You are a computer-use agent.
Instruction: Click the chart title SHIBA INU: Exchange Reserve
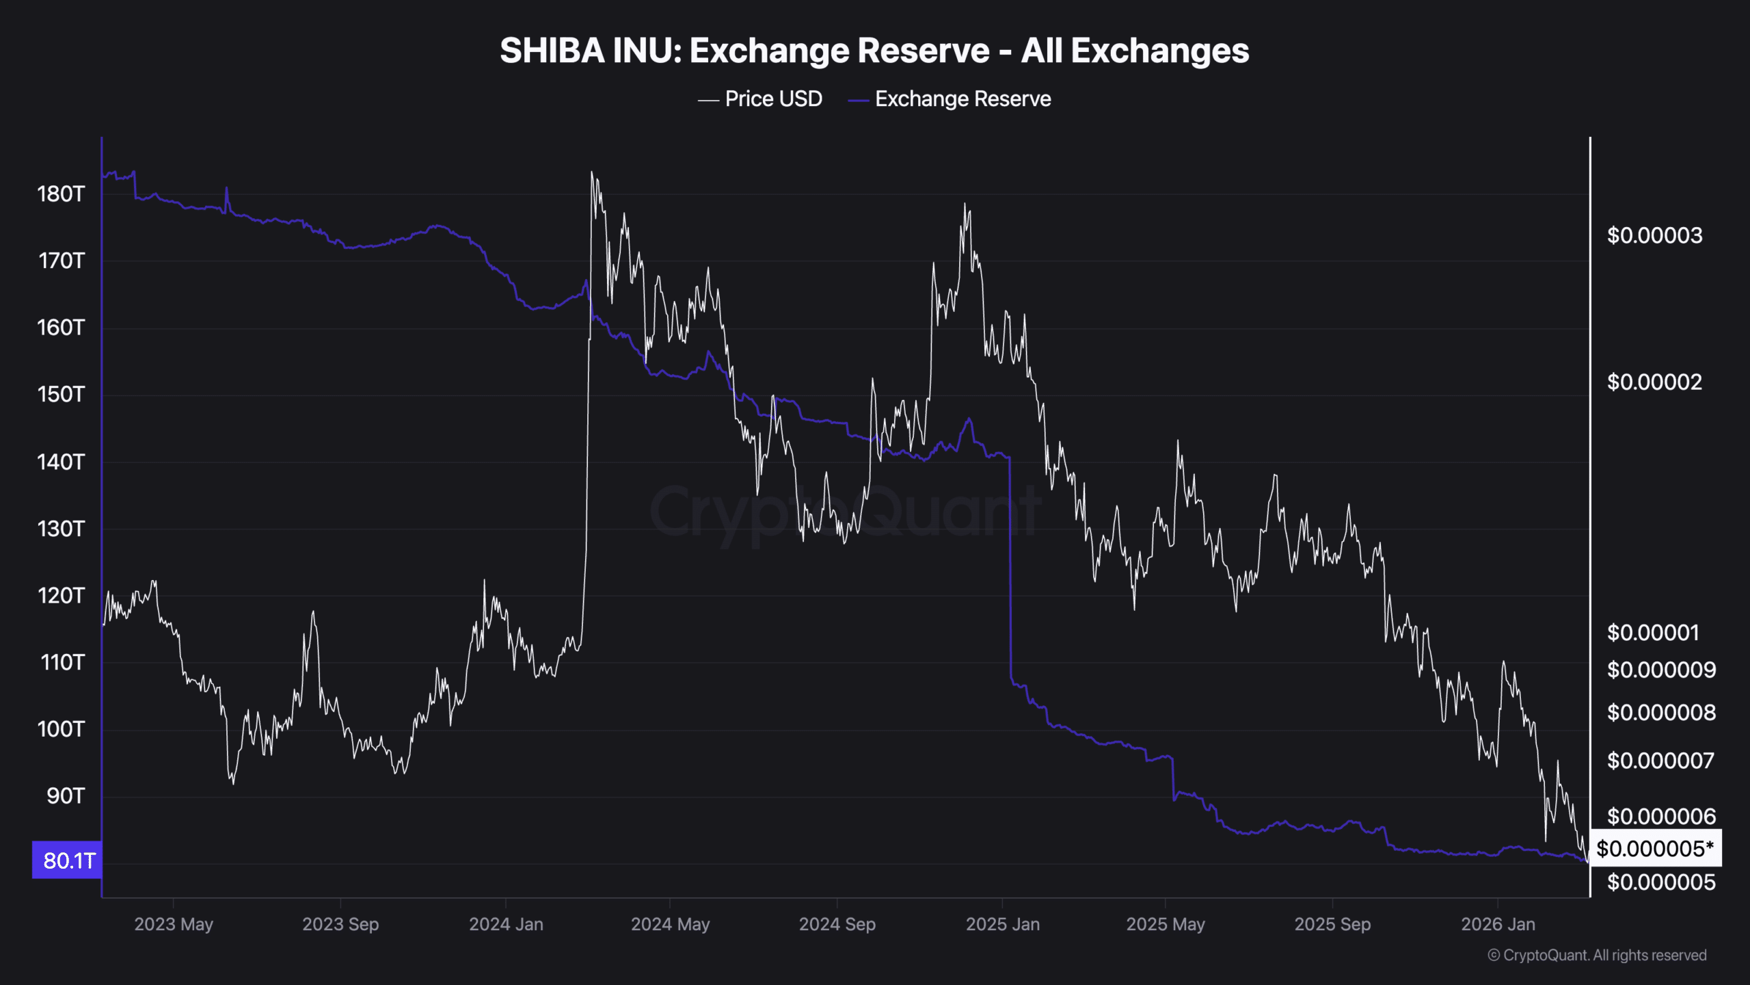(874, 51)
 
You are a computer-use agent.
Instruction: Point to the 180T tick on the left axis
(61, 194)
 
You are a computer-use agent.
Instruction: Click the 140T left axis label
(61, 462)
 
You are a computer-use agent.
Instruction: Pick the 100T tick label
(61, 729)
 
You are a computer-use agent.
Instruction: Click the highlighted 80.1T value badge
(68, 861)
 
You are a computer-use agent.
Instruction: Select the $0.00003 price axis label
(1654, 236)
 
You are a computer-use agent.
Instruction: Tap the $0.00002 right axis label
(1654, 382)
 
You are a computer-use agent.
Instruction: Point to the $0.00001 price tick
(1653, 633)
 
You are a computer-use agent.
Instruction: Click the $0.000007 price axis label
(1660, 761)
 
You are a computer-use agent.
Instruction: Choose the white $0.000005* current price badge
(1655, 849)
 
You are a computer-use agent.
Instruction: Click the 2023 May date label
(174, 925)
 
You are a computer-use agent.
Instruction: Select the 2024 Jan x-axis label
(506, 925)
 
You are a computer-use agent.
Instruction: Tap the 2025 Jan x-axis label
(1002, 925)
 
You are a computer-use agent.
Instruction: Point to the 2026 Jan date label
(1498, 925)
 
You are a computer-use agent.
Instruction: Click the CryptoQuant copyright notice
(1597, 956)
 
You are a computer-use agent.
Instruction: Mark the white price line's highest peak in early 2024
(592, 172)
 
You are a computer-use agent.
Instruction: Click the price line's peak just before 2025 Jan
(965, 204)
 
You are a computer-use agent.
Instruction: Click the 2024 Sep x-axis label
(837, 925)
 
